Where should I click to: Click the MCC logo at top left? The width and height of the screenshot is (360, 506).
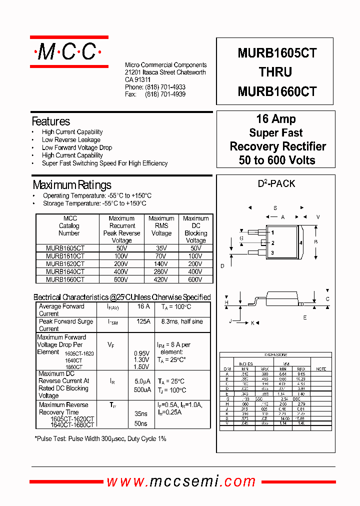point(69,51)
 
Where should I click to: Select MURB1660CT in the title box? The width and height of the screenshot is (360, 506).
point(277,91)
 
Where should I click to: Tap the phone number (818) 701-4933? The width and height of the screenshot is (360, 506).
point(165,87)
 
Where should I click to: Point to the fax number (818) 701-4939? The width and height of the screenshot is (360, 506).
point(165,94)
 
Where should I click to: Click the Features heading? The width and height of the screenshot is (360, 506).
point(50,121)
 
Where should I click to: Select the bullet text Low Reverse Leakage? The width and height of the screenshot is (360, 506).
point(71,140)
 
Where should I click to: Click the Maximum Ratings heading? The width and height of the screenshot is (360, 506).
point(71,185)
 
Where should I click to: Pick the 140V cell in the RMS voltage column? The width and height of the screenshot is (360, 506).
point(161,263)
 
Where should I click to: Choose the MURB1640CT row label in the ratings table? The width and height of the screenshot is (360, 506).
point(65,271)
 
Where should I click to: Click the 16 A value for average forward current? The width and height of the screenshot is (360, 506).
point(143,306)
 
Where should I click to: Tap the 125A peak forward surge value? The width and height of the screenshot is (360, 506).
point(143,321)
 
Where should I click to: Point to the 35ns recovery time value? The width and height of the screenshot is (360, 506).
point(141,414)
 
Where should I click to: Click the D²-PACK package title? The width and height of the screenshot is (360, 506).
point(276,184)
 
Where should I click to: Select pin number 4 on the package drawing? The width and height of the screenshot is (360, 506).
point(301,242)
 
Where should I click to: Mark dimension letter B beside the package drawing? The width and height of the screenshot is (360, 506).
point(315,242)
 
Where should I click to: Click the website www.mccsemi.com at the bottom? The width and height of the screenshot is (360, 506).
point(181,481)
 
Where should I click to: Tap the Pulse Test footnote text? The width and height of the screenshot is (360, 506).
point(100,438)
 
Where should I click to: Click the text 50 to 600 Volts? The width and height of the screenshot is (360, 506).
point(277,160)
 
